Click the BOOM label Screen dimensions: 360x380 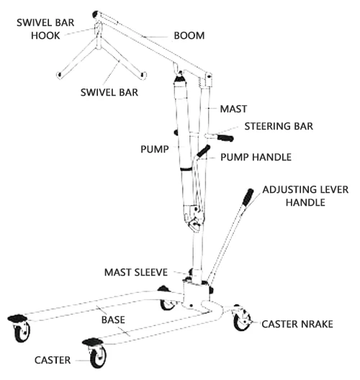(x=189, y=36)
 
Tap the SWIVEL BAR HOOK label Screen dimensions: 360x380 (x=45, y=29)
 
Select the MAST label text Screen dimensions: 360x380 (x=233, y=109)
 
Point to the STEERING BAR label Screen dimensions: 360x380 (x=279, y=126)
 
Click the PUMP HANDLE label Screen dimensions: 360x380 (x=256, y=158)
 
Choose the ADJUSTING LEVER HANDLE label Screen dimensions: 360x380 (x=305, y=196)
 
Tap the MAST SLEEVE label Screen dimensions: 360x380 (x=136, y=272)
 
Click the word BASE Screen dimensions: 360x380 (x=113, y=320)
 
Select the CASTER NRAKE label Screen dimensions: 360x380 (x=297, y=325)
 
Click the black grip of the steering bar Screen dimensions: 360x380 (x=225, y=138)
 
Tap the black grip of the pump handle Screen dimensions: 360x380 (x=203, y=151)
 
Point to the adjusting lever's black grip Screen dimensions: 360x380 (x=248, y=197)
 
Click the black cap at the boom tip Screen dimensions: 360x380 (x=96, y=14)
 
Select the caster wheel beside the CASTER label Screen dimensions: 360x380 (x=98, y=357)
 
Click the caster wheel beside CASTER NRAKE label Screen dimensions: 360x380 (x=242, y=320)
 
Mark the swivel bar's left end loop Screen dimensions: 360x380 (x=59, y=75)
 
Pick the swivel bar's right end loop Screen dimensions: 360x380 (x=143, y=75)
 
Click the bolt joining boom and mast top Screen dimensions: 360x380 (x=209, y=77)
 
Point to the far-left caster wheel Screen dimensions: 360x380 (x=22, y=331)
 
